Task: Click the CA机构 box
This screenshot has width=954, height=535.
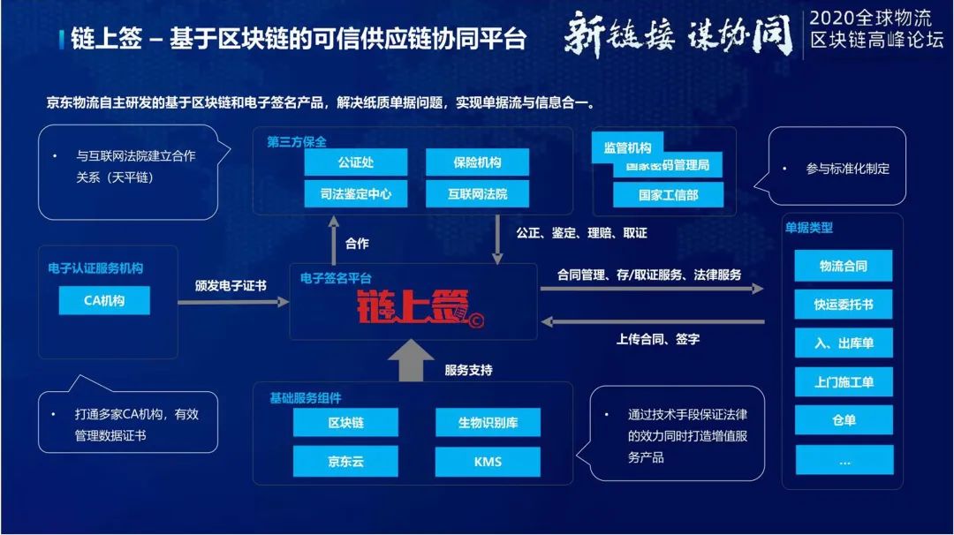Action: [104, 300]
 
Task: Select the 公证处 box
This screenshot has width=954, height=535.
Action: [356, 162]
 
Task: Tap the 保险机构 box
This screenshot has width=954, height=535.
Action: [477, 162]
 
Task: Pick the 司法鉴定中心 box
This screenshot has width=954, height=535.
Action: [356, 193]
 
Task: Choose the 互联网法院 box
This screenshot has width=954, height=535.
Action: [477, 193]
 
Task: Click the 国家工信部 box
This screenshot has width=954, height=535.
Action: [668, 194]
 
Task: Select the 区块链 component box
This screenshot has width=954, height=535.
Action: [345, 422]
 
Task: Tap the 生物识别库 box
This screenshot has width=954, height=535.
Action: [488, 422]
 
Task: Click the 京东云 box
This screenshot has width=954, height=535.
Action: [345, 461]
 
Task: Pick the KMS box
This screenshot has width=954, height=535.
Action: [488, 461]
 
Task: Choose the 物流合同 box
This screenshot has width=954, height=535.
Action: [844, 266]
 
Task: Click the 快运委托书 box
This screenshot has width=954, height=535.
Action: [844, 305]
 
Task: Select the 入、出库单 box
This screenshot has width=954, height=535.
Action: [844, 343]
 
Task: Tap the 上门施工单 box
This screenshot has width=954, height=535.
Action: [844, 382]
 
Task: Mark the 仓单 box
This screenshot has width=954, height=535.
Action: [844, 420]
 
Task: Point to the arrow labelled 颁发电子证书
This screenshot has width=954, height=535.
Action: [233, 302]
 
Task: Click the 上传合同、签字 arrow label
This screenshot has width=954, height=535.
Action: [657, 338]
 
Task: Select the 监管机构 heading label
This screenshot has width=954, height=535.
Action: [627, 148]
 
